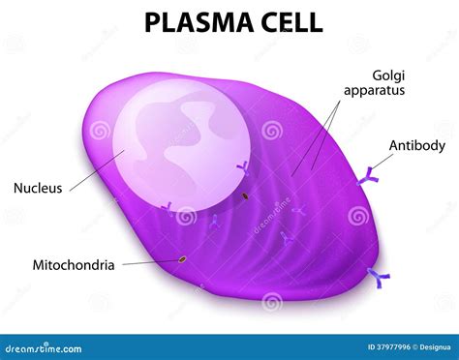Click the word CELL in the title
[x=288, y=21]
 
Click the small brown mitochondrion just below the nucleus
[x=245, y=196]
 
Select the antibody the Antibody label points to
[x=369, y=176]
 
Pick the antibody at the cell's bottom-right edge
[x=378, y=279]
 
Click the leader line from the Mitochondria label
[x=145, y=261]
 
